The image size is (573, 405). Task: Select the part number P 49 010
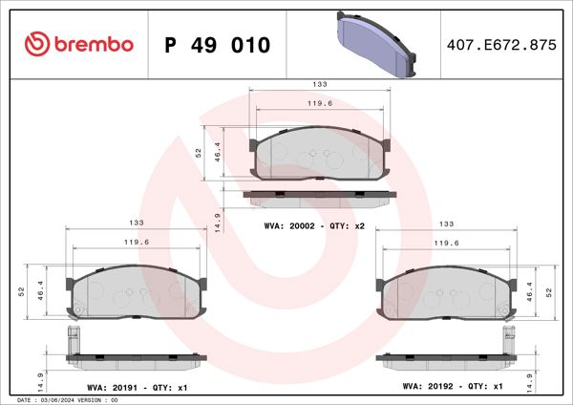click(x=218, y=45)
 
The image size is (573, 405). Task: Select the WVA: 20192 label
click(x=431, y=386)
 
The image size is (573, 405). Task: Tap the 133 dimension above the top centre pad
click(x=319, y=84)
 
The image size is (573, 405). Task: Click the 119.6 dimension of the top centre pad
click(x=319, y=102)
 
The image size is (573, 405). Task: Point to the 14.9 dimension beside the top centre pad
click(x=219, y=222)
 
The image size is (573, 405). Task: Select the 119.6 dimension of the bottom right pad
click(x=445, y=243)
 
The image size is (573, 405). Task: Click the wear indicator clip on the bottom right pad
click(x=508, y=337)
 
